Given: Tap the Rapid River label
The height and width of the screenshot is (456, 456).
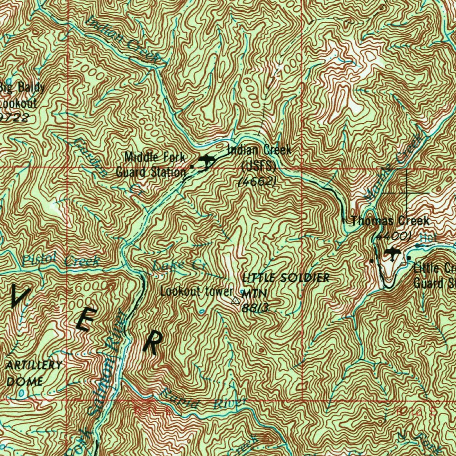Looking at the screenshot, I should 203,399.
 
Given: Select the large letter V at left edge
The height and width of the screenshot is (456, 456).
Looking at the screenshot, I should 20,297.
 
